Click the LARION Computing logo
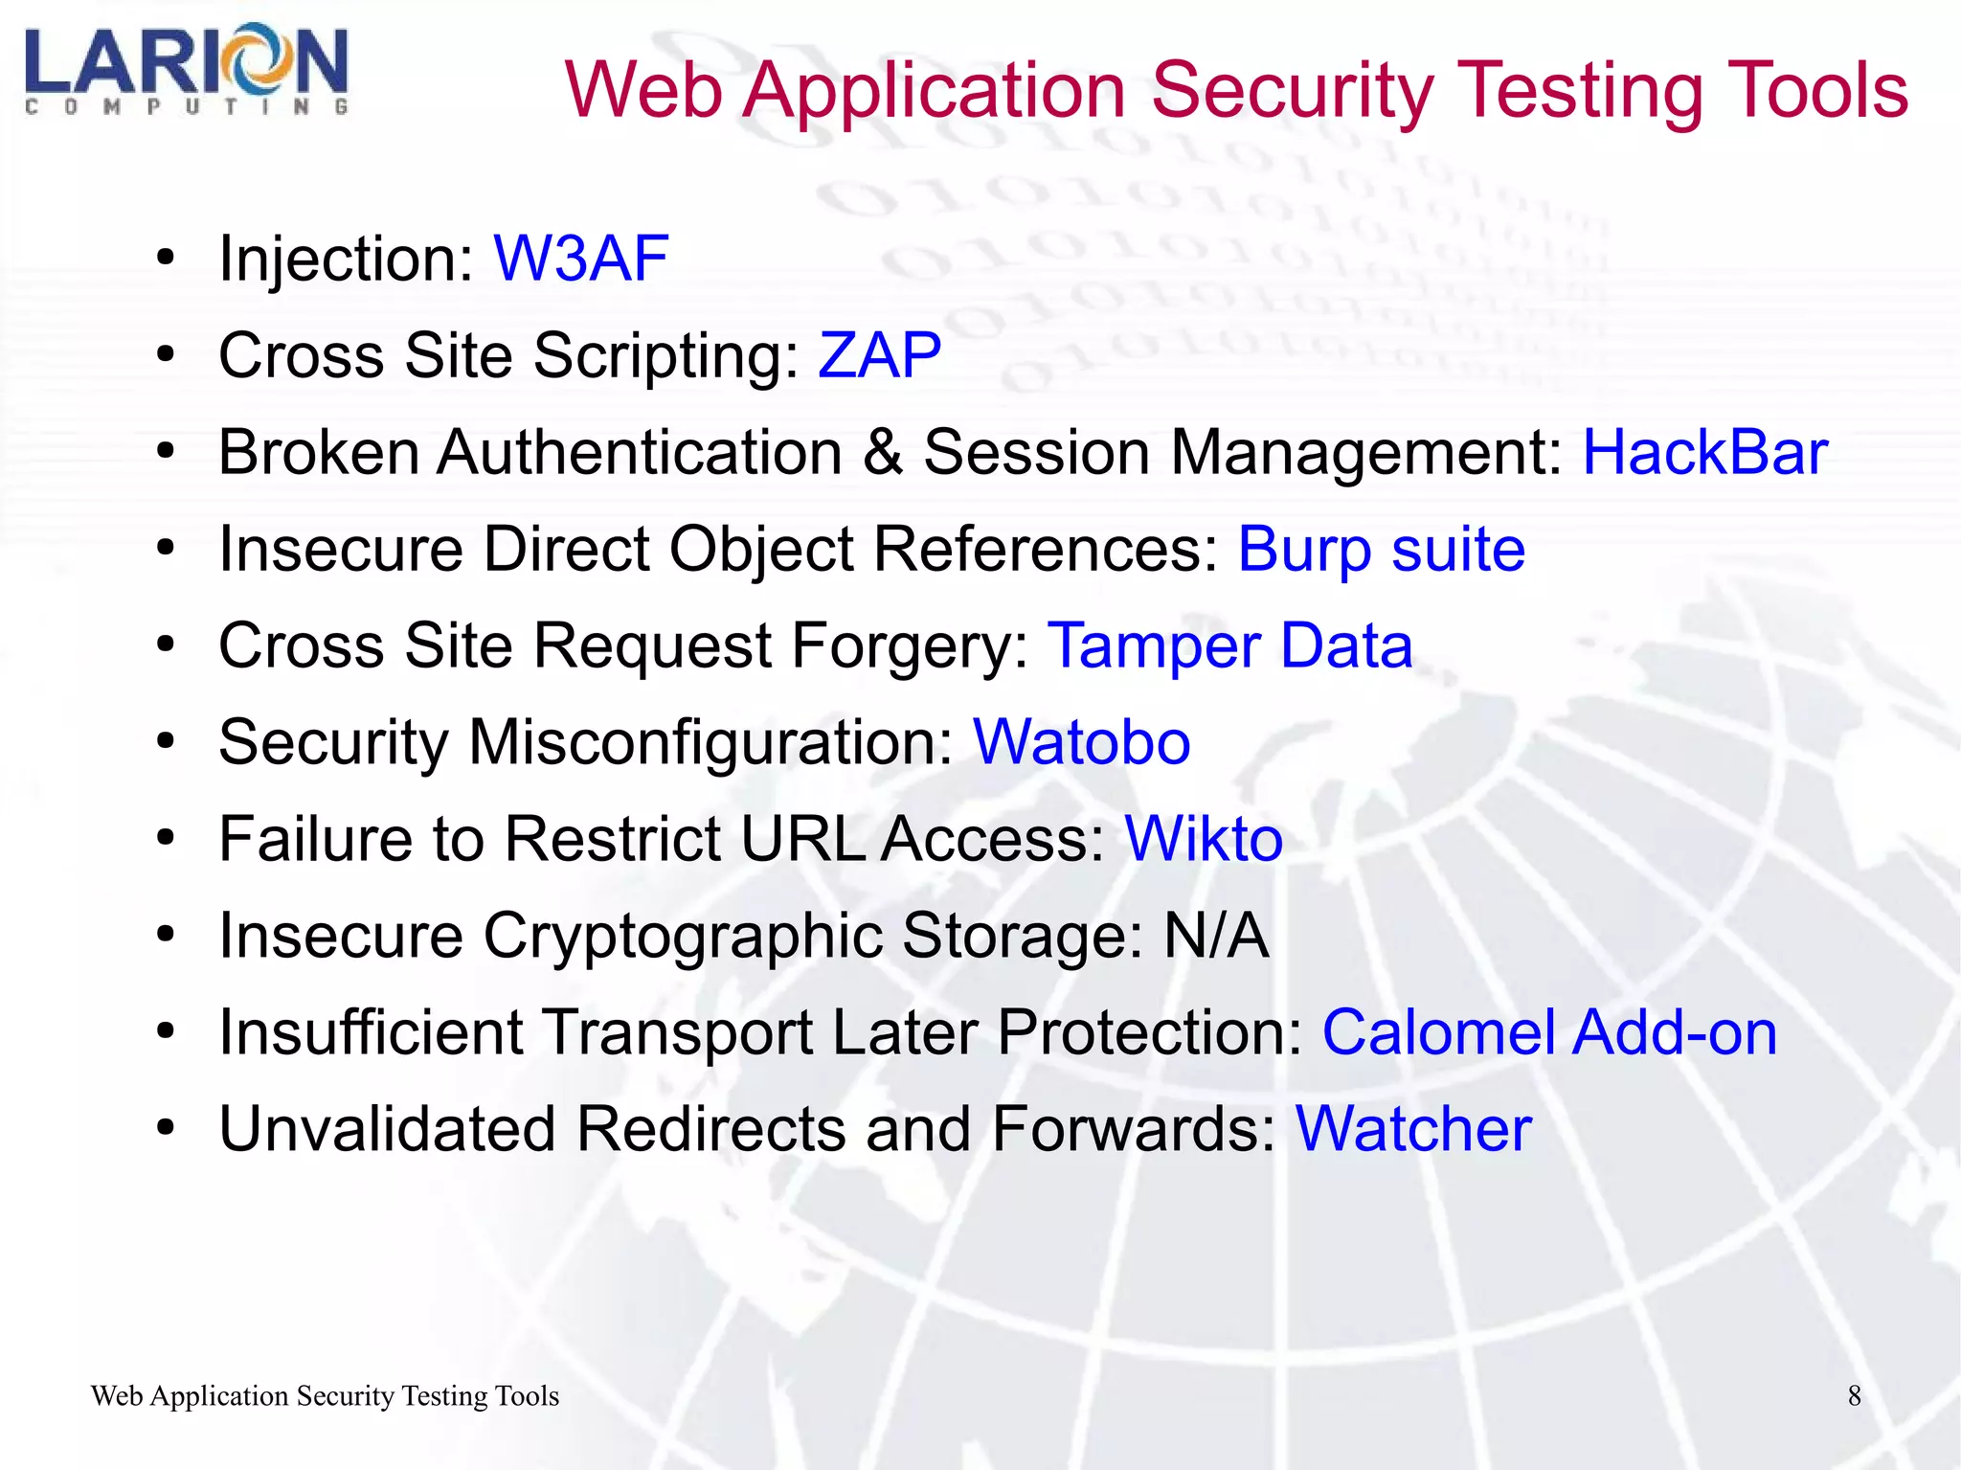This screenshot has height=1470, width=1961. (187, 69)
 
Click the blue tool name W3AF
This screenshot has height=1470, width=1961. (580, 259)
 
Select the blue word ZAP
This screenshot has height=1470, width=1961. (879, 355)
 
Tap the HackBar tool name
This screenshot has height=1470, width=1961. (1704, 452)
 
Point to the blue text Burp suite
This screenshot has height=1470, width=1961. (1381, 549)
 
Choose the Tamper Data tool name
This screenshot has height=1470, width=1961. (1229, 645)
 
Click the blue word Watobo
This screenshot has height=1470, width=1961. (1081, 742)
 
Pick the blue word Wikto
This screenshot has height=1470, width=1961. (1203, 839)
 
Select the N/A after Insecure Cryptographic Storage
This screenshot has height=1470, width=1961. (1216, 936)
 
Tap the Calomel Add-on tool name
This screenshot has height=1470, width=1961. (1548, 1032)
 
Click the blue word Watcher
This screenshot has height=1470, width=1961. (1412, 1129)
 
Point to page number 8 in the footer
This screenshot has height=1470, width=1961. (1854, 1396)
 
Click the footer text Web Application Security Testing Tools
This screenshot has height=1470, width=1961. (325, 1396)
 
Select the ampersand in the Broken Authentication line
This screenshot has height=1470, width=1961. (882, 452)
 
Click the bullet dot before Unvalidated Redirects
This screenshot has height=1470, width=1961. (167, 1129)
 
